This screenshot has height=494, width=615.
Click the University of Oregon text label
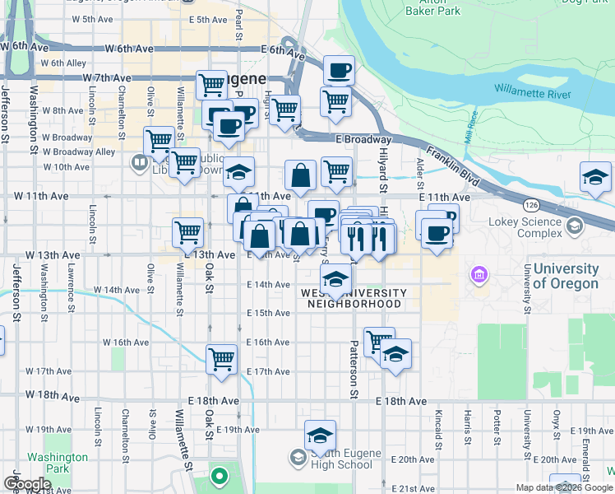(566, 276)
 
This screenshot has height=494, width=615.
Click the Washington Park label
(57, 463)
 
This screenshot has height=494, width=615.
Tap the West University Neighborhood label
(354, 298)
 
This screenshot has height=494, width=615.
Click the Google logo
(27, 484)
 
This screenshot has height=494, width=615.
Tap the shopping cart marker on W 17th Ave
(222, 359)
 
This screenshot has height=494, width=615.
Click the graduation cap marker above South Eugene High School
(320, 435)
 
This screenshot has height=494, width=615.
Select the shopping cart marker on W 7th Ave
(212, 84)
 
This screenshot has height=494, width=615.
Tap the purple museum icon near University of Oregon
(478, 273)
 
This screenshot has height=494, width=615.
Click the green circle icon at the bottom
(219, 476)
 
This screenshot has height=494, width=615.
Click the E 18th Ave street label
(402, 401)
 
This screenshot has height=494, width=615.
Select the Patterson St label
(354, 370)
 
